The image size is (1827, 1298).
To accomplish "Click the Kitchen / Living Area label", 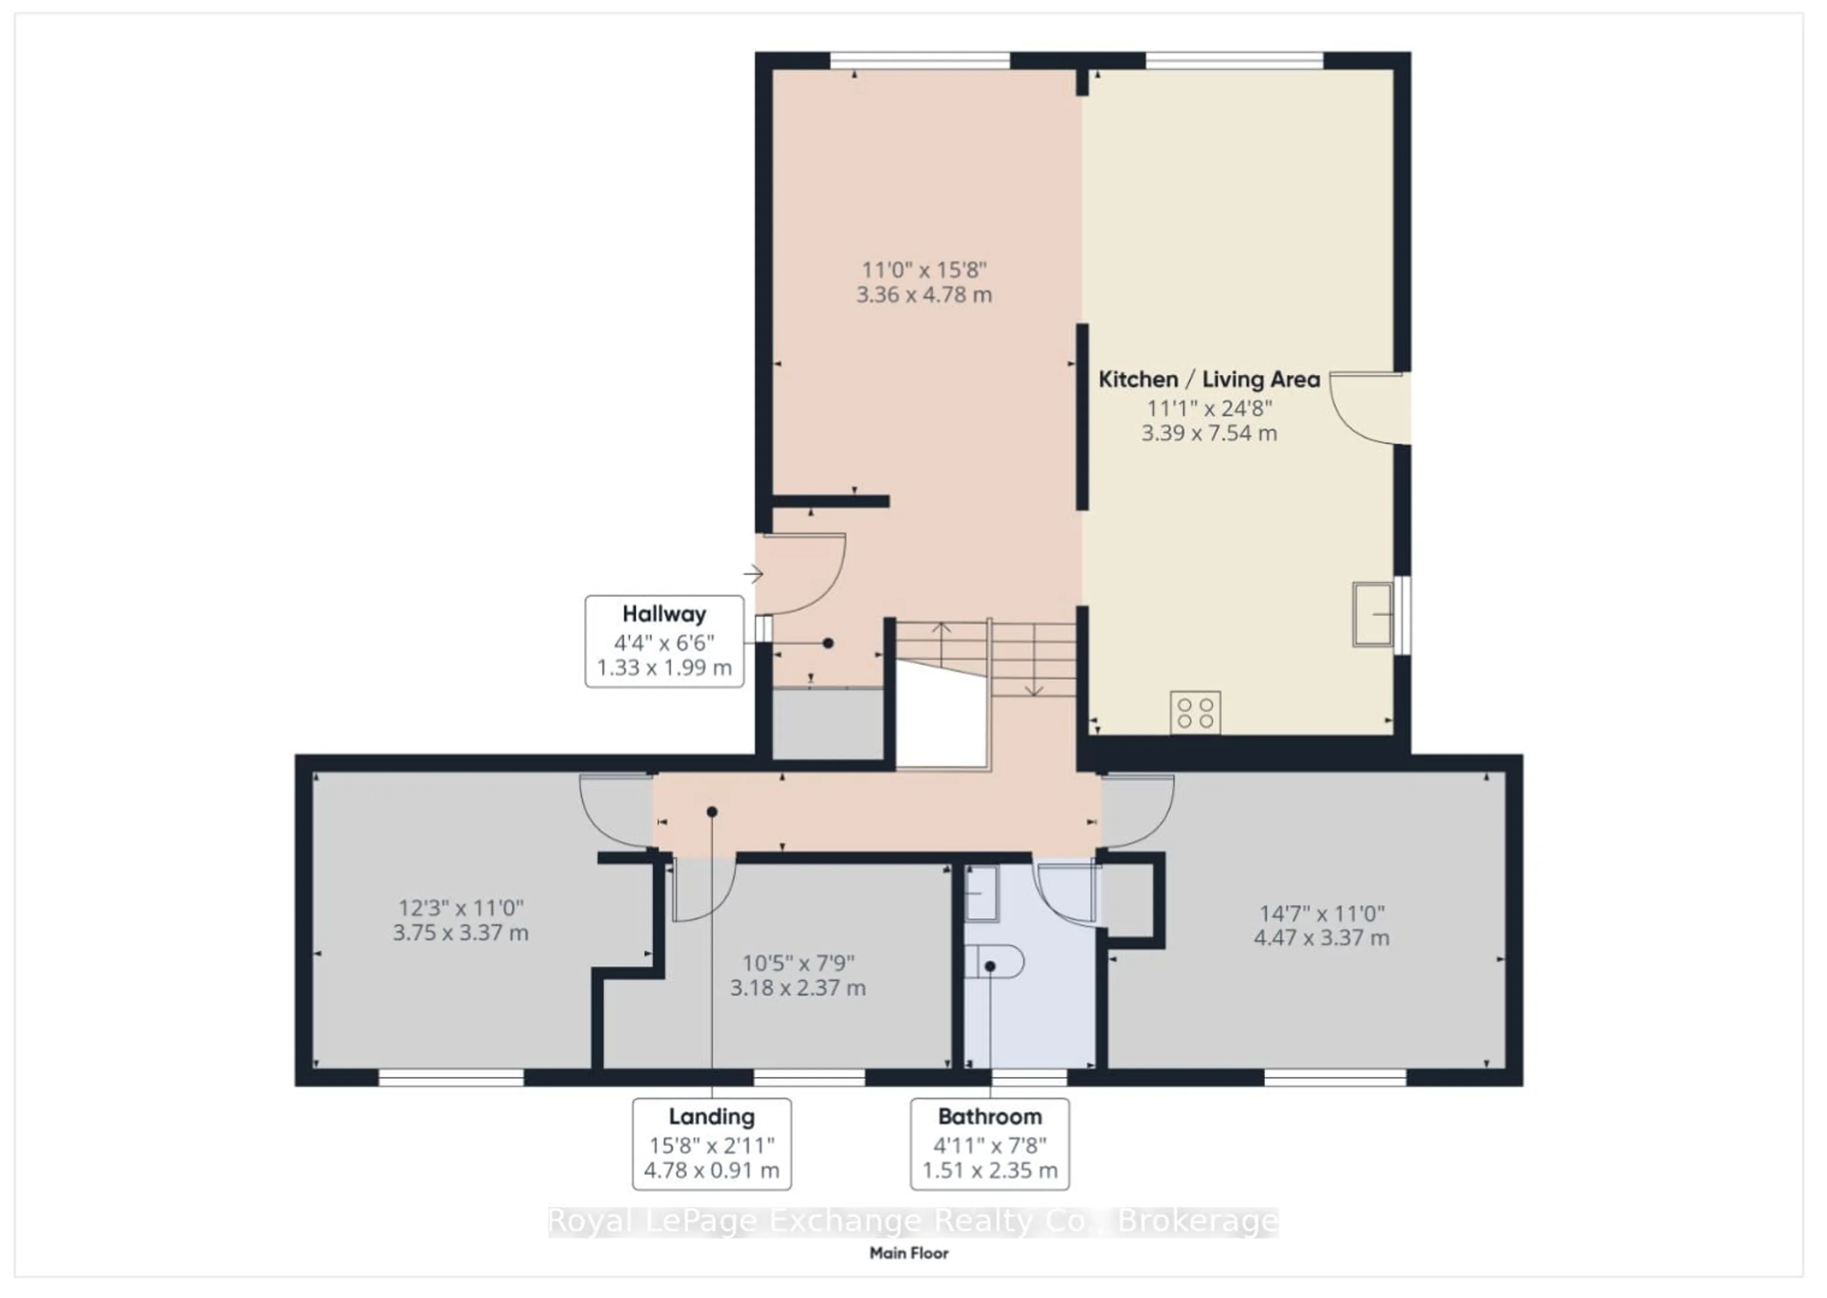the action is point(1208,380).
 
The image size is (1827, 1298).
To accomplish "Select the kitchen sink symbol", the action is point(1372,614).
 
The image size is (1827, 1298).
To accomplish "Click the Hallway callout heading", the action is point(664,614).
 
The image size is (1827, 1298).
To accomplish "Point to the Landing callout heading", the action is point(711,1117).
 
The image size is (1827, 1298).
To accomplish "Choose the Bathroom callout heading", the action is point(990,1117).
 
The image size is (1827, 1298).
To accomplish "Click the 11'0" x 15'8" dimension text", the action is point(924,270).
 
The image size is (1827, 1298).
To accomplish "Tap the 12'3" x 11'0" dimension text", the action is point(461,908).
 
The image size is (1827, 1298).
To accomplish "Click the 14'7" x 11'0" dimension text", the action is point(1322,913).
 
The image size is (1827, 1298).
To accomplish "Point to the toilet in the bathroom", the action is point(994,962).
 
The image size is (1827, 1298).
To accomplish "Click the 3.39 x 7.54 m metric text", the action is point(1208,433).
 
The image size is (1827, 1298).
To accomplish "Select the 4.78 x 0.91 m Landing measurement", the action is point(711,1171).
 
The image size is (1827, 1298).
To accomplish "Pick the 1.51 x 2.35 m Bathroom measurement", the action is point(990,1171).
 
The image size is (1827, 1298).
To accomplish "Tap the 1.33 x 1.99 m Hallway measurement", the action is point(664,668).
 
